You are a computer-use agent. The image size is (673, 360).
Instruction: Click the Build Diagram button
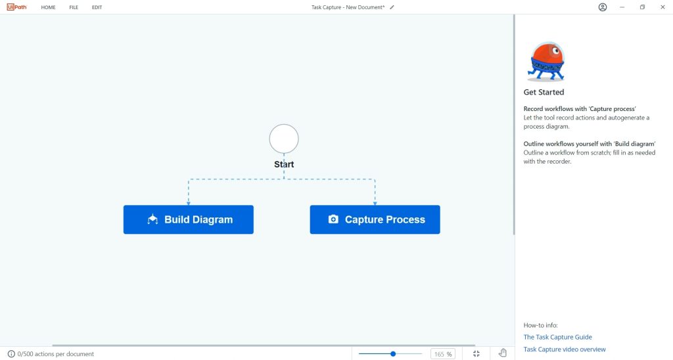click(x=189, y=219)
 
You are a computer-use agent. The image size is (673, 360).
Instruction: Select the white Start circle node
click(x=284, y=139)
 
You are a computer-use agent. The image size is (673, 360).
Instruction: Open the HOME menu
click(x=48, y=7)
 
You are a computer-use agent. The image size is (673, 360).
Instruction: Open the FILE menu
click(x=74, y=7)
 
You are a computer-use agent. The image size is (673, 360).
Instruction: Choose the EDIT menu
click(x=97, y=7)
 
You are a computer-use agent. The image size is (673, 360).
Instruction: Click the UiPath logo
click(x=16, y=7)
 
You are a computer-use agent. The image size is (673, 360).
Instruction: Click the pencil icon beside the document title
click(x=392, y=7)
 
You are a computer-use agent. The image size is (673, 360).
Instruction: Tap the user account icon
click(x=603, y=7)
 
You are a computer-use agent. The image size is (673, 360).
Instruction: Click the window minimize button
click(x=622, y=7)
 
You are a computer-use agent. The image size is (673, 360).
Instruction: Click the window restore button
click(x=643, y=7)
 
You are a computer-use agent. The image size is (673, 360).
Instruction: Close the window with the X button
click(x=662, y=7)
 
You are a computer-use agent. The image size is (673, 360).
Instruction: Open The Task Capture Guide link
click(x=557, y=337)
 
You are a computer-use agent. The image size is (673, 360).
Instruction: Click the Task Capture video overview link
click(x=565, y=349)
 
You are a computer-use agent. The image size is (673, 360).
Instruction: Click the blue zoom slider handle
click(x=393, y=354)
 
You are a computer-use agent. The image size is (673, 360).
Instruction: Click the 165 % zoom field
click(x=443, y=354)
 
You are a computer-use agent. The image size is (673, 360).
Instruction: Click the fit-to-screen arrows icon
click(x=476, y=353)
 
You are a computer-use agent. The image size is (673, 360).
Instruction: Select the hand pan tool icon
click(x=503, y=353)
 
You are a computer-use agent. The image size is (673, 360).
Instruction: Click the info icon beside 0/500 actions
click(x=11, y=354)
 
